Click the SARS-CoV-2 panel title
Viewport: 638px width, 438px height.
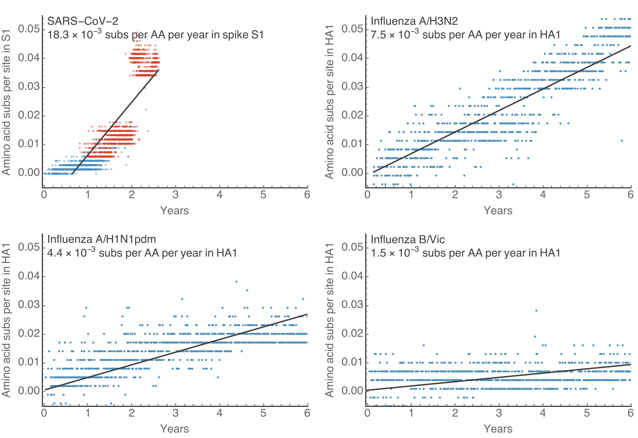(x=83, y=21)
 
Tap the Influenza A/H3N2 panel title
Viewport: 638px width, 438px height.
(x=414, y=21)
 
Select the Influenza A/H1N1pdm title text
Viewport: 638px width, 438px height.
(x=101, y=239)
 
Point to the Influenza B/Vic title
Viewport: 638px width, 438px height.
(x=407, y=240)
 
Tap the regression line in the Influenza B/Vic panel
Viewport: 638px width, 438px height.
(x=499, y=377)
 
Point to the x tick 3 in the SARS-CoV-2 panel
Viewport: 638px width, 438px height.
(x=175, y=195)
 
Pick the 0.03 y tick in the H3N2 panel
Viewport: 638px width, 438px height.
(x=352, y=87)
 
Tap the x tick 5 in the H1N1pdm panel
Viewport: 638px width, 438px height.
(x=263, y=413)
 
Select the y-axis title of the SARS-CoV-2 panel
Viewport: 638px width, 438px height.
(x=6, y=102)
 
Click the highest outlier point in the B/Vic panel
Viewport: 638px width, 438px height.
(x=536, y=310)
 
